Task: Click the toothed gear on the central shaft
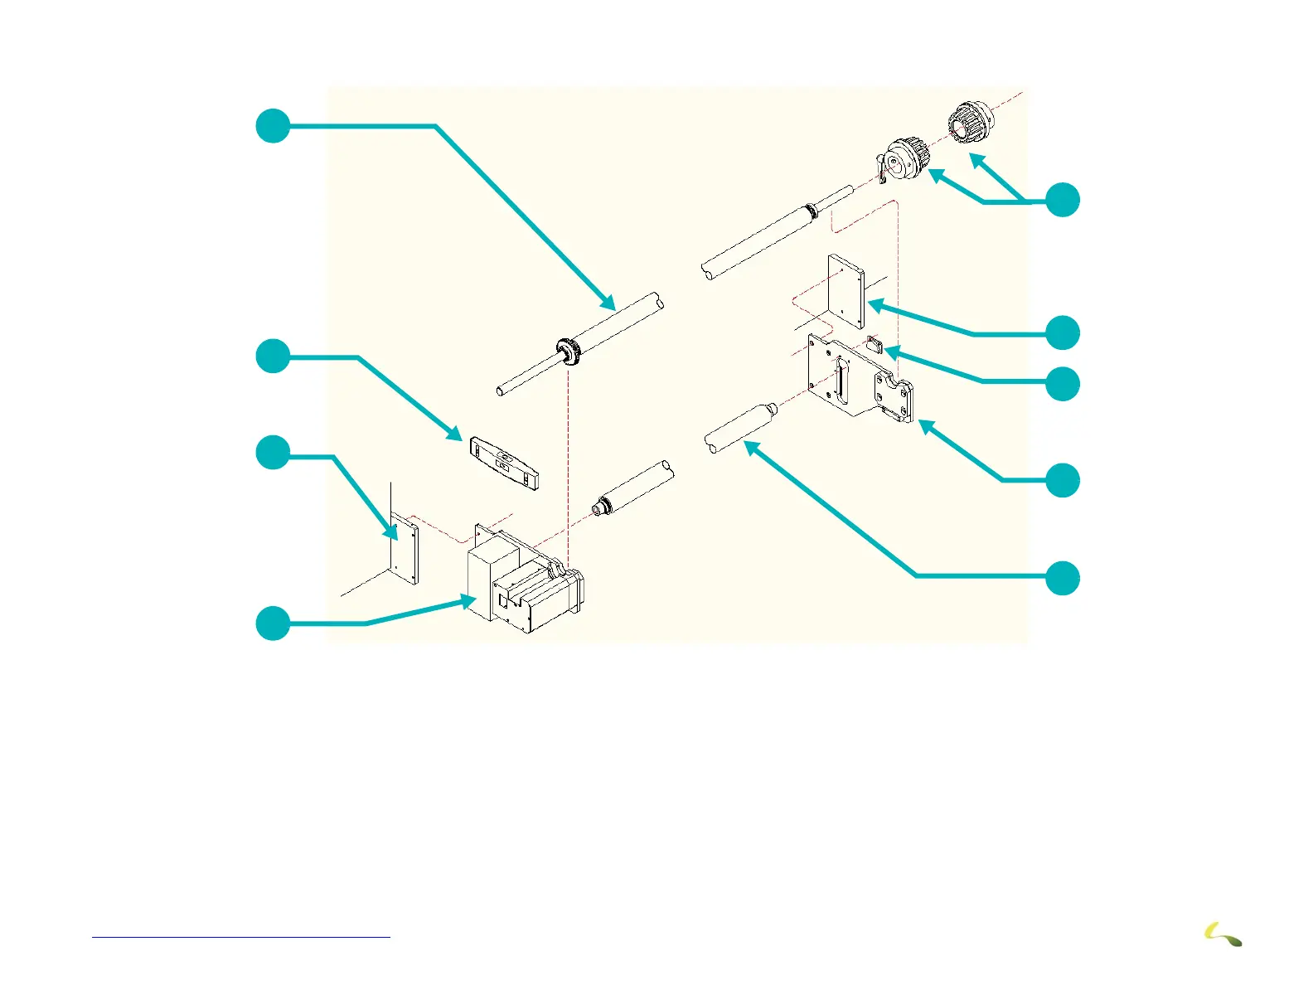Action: pos(569,350)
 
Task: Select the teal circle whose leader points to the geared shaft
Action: pos(273,125)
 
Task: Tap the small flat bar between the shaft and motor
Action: pos(504,462)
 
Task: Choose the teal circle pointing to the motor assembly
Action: pos(273,623)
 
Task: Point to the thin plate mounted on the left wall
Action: pos(405,547)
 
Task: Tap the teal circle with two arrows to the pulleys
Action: pos(1063,200)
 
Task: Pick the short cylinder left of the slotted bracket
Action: pos(740,426)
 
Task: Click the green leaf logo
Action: pos(1223,935)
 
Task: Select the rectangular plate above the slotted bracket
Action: pos(845,292)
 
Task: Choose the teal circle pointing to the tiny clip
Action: pos(1063,384)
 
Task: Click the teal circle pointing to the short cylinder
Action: pos(1063,577)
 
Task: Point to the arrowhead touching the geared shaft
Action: pos(610,304)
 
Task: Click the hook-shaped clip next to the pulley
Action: pos(882,170)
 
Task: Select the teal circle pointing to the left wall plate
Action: pos(273,453)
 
